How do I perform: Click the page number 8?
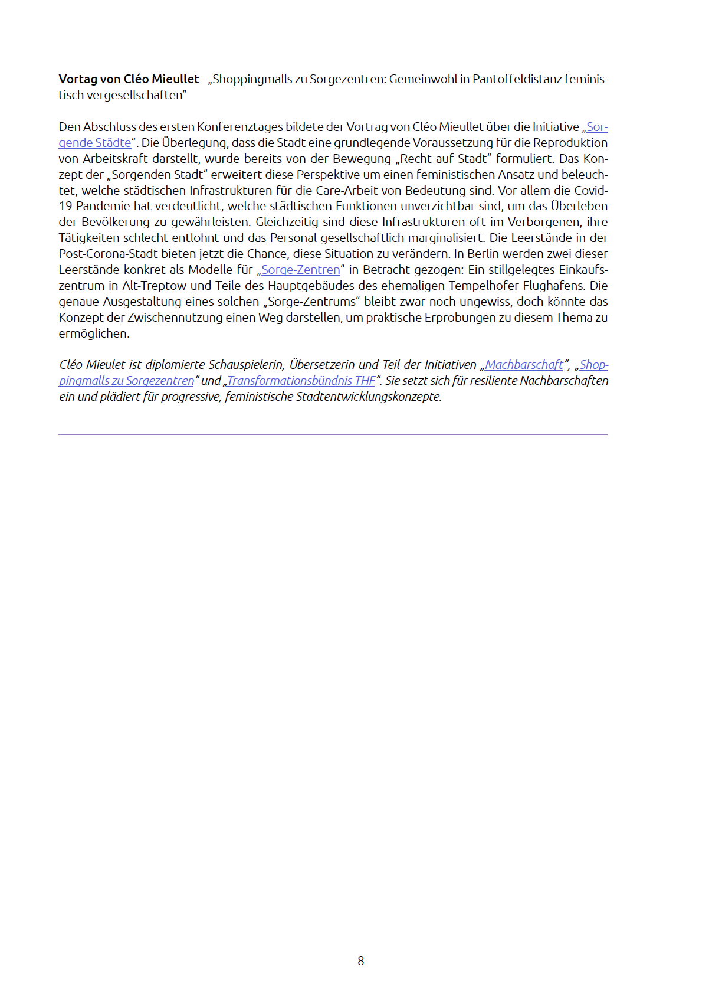[x=361, y=961]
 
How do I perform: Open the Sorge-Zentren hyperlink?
[x=301, y=270]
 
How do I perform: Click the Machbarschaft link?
[x=524, y=365]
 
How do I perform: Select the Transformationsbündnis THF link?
[x=301, y=381]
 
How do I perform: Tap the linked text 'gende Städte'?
[x=95, y=143]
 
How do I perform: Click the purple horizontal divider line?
[x=333, y=435]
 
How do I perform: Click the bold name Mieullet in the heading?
[x=175, y=79]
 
